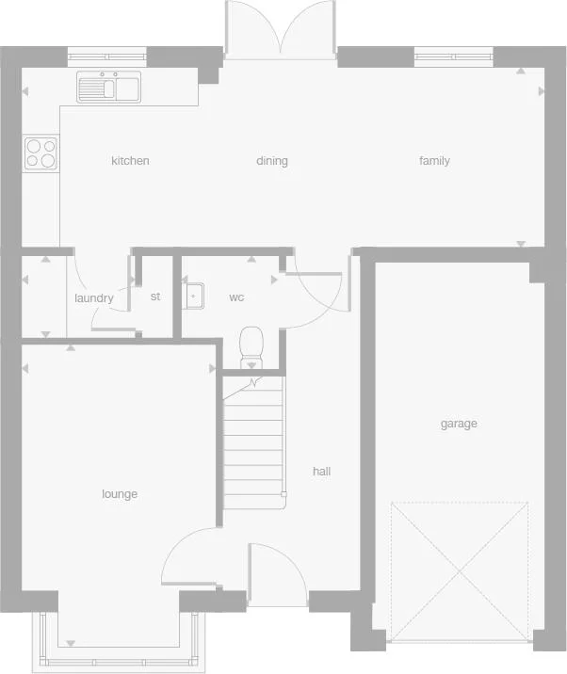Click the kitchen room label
click(130, 161)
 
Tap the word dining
click(272, 161)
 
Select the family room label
click(434, 161)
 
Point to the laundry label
click(94, 298)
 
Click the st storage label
click(155, 297)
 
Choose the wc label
click(236, 297)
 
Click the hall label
click(321, 472)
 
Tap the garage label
click(459, 424)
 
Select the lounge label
click(120, 494)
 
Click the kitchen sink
click(109, 88)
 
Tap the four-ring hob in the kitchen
click(40, 152)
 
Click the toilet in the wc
click(251, 345)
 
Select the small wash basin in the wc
click(193, 296)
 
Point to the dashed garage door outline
click(460, 571)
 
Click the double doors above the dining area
click(280, 31)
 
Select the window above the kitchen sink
click(106, 55)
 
